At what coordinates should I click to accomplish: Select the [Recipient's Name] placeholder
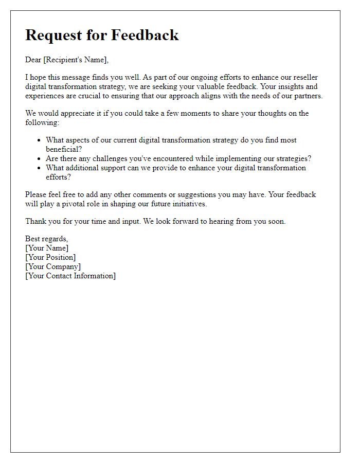(x=76, y=60)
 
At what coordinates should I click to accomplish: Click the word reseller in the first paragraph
(x=305, y=77)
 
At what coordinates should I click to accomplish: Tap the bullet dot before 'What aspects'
(x=39, y=140)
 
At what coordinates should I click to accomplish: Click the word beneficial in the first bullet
(x=63, y=149)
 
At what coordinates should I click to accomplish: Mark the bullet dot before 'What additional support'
(x=39, y=168)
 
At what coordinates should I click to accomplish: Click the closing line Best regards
(x=47, y=239)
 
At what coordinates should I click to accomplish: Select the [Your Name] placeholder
(x=47, y=248)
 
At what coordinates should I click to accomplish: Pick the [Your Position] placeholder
(x=50, y=257)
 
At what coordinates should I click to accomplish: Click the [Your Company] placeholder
(x=53, y=266)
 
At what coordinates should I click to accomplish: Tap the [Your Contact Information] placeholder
(x=70, y=276)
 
